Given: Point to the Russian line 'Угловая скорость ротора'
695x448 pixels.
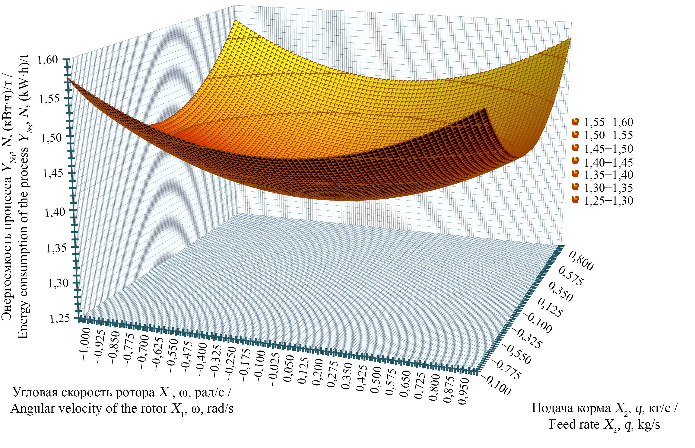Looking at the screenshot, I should click(122, 393).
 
